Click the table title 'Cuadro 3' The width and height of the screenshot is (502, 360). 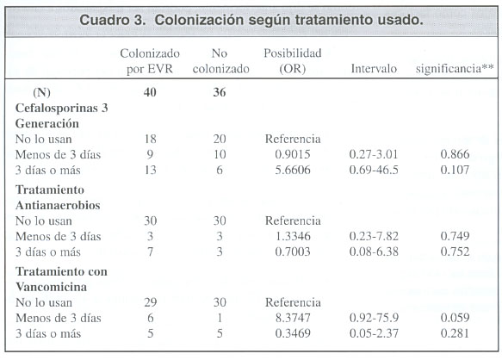tap(112, 20)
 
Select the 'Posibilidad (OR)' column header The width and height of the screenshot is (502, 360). tap(293, 61)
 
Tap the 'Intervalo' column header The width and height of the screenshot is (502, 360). tap(374, 69)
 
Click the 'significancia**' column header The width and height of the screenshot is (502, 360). tap(455, 69)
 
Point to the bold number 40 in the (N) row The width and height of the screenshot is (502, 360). tap(150, 92)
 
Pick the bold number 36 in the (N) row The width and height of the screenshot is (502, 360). tap(220, 92)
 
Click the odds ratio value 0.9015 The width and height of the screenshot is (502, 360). tap(293, 154)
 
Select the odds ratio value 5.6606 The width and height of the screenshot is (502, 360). tap(293, 170)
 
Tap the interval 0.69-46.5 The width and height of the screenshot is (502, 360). tap(374, 170)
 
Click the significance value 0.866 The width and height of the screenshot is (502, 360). tap(455, 154)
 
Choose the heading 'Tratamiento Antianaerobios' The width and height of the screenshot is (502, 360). tap(58, 197)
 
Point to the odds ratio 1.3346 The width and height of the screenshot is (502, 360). tap(293, 236)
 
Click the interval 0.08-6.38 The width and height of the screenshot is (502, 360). tap(374, 251)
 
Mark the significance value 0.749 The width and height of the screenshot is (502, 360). tap(455, 236)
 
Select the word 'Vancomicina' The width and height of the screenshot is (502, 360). tap(51, 287)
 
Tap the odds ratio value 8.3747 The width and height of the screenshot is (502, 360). tap(293, 318)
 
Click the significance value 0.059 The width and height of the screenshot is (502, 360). tap(455, 318)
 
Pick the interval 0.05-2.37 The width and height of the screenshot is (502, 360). tap(374, 333)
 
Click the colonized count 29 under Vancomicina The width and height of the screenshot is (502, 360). tap(150, 302)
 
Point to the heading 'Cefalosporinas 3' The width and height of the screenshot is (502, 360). tap(61, 108)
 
